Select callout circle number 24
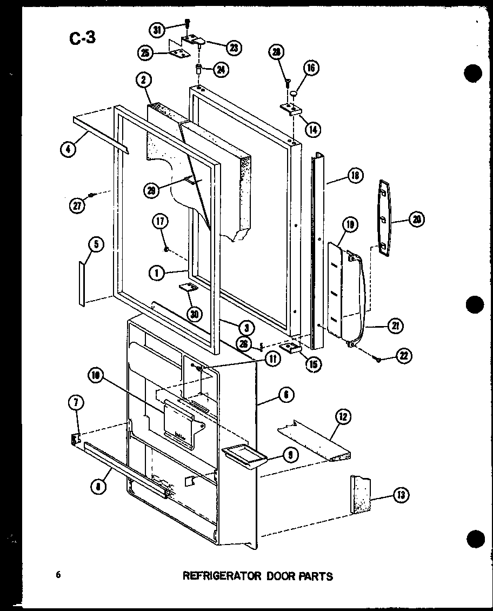(x=221, y=69)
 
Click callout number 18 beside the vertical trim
(x=355, y=176)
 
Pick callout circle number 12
(x=343, y=417)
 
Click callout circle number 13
(x=401, y=494)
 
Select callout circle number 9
(x=290, y=456)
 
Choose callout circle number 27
(x=77, y=204)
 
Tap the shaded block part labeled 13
(x=359, y=494)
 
